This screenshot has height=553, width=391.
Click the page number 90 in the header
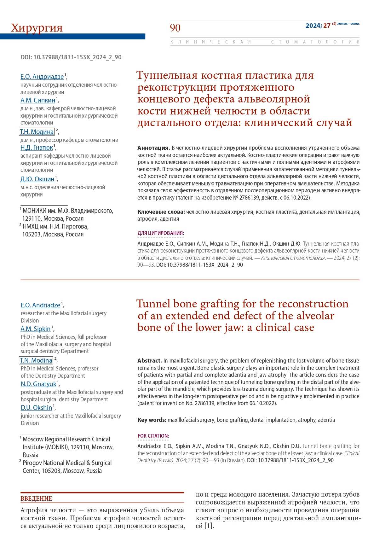175,28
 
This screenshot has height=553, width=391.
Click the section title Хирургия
37,28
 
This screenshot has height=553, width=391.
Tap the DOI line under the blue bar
71,57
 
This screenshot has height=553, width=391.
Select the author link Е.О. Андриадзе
42,77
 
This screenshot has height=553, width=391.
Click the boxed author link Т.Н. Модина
37,132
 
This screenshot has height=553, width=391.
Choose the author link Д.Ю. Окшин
37,179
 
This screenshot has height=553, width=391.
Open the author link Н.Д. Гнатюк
37,148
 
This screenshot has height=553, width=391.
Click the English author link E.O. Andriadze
40,305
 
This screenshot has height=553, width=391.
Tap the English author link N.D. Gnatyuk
38,384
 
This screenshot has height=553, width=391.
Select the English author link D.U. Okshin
36,408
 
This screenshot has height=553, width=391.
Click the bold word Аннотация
153,148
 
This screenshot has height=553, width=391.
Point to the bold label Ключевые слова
161,212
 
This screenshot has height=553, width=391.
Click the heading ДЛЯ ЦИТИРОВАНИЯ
161,233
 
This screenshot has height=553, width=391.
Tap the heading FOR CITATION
153,436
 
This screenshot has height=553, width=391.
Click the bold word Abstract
150,361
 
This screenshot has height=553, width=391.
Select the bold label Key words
152,420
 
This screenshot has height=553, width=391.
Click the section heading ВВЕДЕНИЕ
36,498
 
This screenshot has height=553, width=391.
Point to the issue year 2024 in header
313,26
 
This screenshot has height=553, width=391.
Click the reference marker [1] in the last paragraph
209,526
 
